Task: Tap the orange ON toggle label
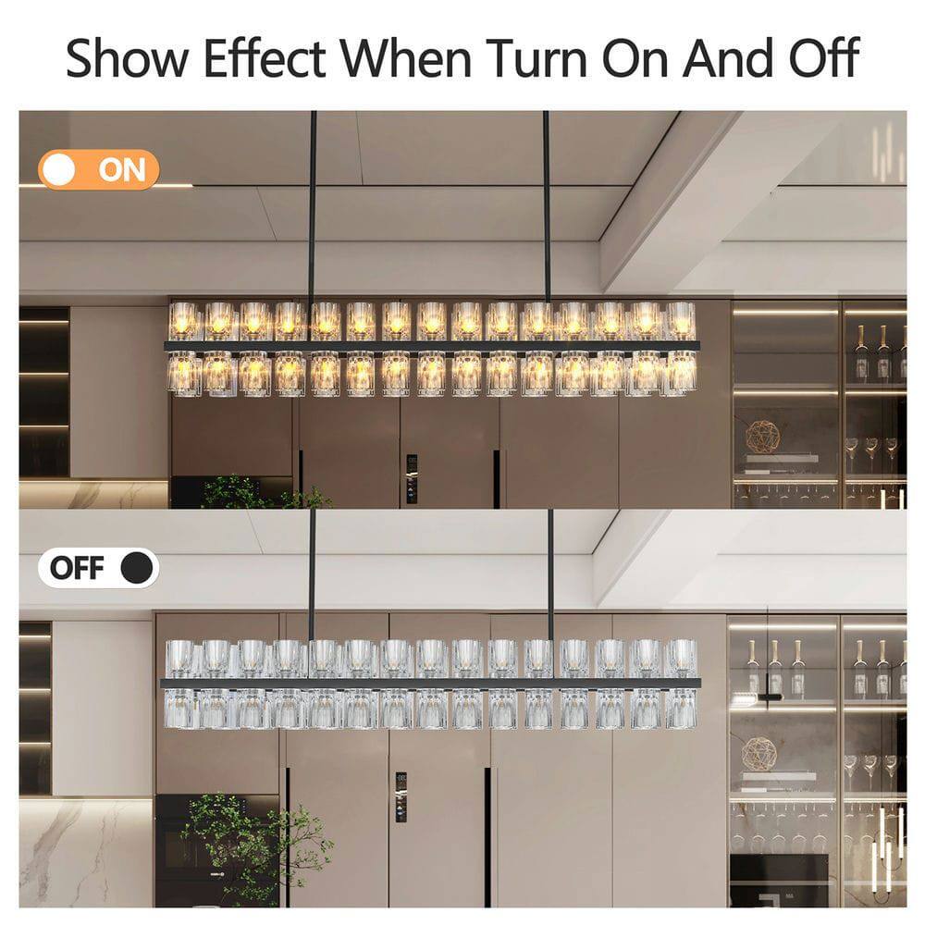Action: [x=99, y=170]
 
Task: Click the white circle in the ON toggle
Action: [x=63, y=170]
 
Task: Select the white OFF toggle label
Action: [x=98, y=568]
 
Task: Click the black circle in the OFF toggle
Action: [x=137, y=568]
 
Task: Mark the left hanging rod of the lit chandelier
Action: [x=313, y=203]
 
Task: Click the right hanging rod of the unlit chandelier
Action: [x=551, y=573]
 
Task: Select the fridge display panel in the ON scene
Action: [x=412, y=478]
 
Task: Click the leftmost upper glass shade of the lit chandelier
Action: [x=185, y=321]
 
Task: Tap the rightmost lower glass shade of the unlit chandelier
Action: [x=682, y=709]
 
